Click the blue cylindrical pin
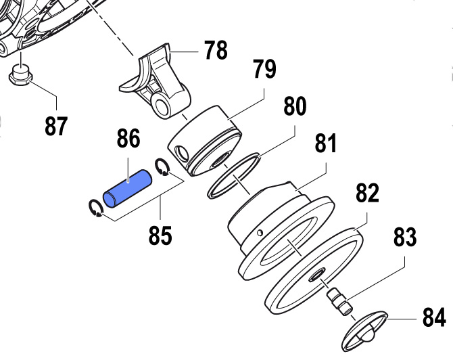(127, 188)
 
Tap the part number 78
(216, 50)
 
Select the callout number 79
(264, 69)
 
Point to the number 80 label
(295, 106)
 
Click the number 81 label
(326, 143)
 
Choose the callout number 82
(367, 193)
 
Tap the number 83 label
(405, 237)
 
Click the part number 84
(434, 317)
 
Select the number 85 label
(160, 235)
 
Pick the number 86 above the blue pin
(128, 138)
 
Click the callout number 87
(56, 126)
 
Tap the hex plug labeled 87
(20, 76)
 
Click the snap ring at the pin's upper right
(162, 166)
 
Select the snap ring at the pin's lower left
(95, 208)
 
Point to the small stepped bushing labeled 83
(339, 303)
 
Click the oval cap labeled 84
(364, 330)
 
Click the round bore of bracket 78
(161, 104)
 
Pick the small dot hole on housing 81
(260, 232)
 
